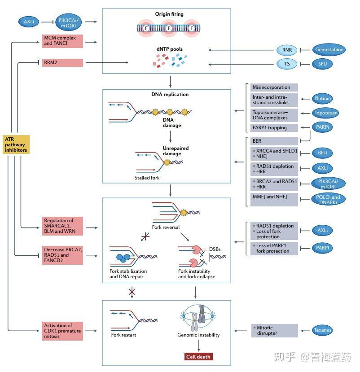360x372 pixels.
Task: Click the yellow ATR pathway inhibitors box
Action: (16, 144)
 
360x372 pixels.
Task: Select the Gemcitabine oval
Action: (329, 49)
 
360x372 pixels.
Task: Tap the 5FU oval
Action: (322, 64)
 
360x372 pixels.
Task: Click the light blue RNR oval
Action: (287, 50)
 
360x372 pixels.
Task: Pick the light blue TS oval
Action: (287, 64)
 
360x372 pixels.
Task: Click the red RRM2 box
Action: (63, 63)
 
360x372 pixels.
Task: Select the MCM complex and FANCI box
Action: (63, 41)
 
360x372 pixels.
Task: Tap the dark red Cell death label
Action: (198, 357)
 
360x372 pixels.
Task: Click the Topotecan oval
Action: (325, 113)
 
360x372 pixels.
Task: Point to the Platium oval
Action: (322, 98)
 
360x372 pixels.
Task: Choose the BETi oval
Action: (322, 153)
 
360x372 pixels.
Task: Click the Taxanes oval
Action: (322, 330)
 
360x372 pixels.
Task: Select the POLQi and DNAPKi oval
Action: (328, 199)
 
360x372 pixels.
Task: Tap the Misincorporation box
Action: (274, 88)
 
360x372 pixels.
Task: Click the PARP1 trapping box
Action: (274, 127)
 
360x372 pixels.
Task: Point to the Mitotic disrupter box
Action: (275, 330)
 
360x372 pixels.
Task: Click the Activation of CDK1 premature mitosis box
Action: (63, 331)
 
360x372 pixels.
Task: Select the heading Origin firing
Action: (169, 14)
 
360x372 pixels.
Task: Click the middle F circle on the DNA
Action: (169, 28)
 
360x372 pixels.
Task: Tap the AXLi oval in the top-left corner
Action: (29, 22)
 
